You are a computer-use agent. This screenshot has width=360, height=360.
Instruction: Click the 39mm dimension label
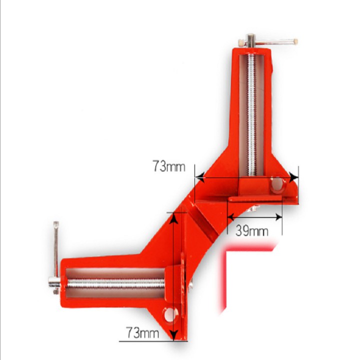tap(252, 231)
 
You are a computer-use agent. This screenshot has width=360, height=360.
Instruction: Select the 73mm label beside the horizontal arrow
tap(169, 166)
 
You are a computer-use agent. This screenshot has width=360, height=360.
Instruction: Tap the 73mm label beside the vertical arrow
tap(142, 332)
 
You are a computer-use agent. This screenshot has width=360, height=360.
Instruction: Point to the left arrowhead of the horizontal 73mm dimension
tap(198, 176)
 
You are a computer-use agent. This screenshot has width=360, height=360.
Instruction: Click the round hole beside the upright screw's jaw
tap(276, 186)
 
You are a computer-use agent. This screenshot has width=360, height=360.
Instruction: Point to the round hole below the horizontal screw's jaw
tap(172, 314)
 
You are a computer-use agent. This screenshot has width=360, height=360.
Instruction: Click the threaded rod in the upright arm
tap(252, 115)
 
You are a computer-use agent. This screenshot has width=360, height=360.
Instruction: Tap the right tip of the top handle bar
tap(295, 42)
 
